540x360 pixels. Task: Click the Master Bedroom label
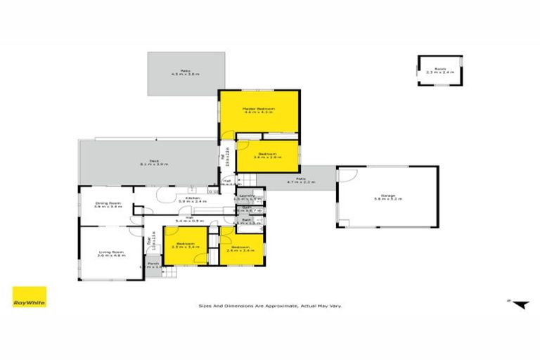tap(259, 109)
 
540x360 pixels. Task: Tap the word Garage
tap(387, 195)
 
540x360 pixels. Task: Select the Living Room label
tap(110, 251)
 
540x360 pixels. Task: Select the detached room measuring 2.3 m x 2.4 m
tap(440, 70)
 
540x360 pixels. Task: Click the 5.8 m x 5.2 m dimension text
tap(387, 199)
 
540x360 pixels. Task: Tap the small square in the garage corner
tap(346, 224)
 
